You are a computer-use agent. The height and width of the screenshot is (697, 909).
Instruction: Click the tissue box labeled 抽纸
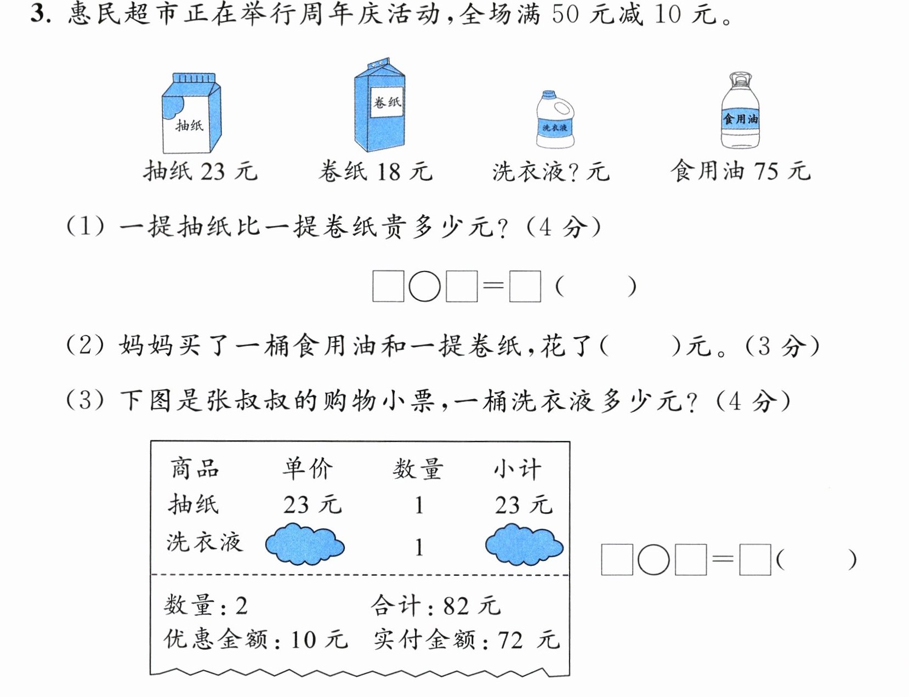(191, 113)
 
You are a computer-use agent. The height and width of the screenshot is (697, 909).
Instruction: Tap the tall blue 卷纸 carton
(379, 105)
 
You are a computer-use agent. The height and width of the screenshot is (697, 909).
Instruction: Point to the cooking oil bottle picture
(741, 110)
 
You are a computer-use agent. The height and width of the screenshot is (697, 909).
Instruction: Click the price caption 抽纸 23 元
(200, 171)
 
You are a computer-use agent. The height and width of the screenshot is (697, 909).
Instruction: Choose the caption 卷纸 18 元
(375, 171)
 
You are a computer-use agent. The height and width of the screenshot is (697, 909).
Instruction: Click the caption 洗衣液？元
(551, 172)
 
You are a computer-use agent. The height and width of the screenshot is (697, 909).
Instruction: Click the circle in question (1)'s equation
(424, 287)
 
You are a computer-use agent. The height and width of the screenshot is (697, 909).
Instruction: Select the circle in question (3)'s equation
(654, 559)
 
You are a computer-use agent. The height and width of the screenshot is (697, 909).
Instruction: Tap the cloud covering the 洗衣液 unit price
(305, 544)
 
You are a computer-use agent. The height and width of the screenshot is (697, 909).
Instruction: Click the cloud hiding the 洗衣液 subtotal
(524, 545)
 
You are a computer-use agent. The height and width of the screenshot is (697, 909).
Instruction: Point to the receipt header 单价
(308, 468)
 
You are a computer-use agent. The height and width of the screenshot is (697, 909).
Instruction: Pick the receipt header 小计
(518, 468)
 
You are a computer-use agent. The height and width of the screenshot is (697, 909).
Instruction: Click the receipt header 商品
(195, 468)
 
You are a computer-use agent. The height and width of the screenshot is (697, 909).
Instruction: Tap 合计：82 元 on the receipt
(435, 605)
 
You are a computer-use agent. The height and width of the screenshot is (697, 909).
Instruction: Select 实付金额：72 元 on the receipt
(467, 639)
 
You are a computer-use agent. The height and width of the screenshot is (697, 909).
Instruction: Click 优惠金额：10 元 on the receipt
(255, 639)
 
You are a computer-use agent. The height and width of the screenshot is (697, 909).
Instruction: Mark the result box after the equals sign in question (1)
(525, 287)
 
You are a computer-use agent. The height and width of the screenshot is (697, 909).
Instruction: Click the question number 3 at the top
(38, 14)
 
